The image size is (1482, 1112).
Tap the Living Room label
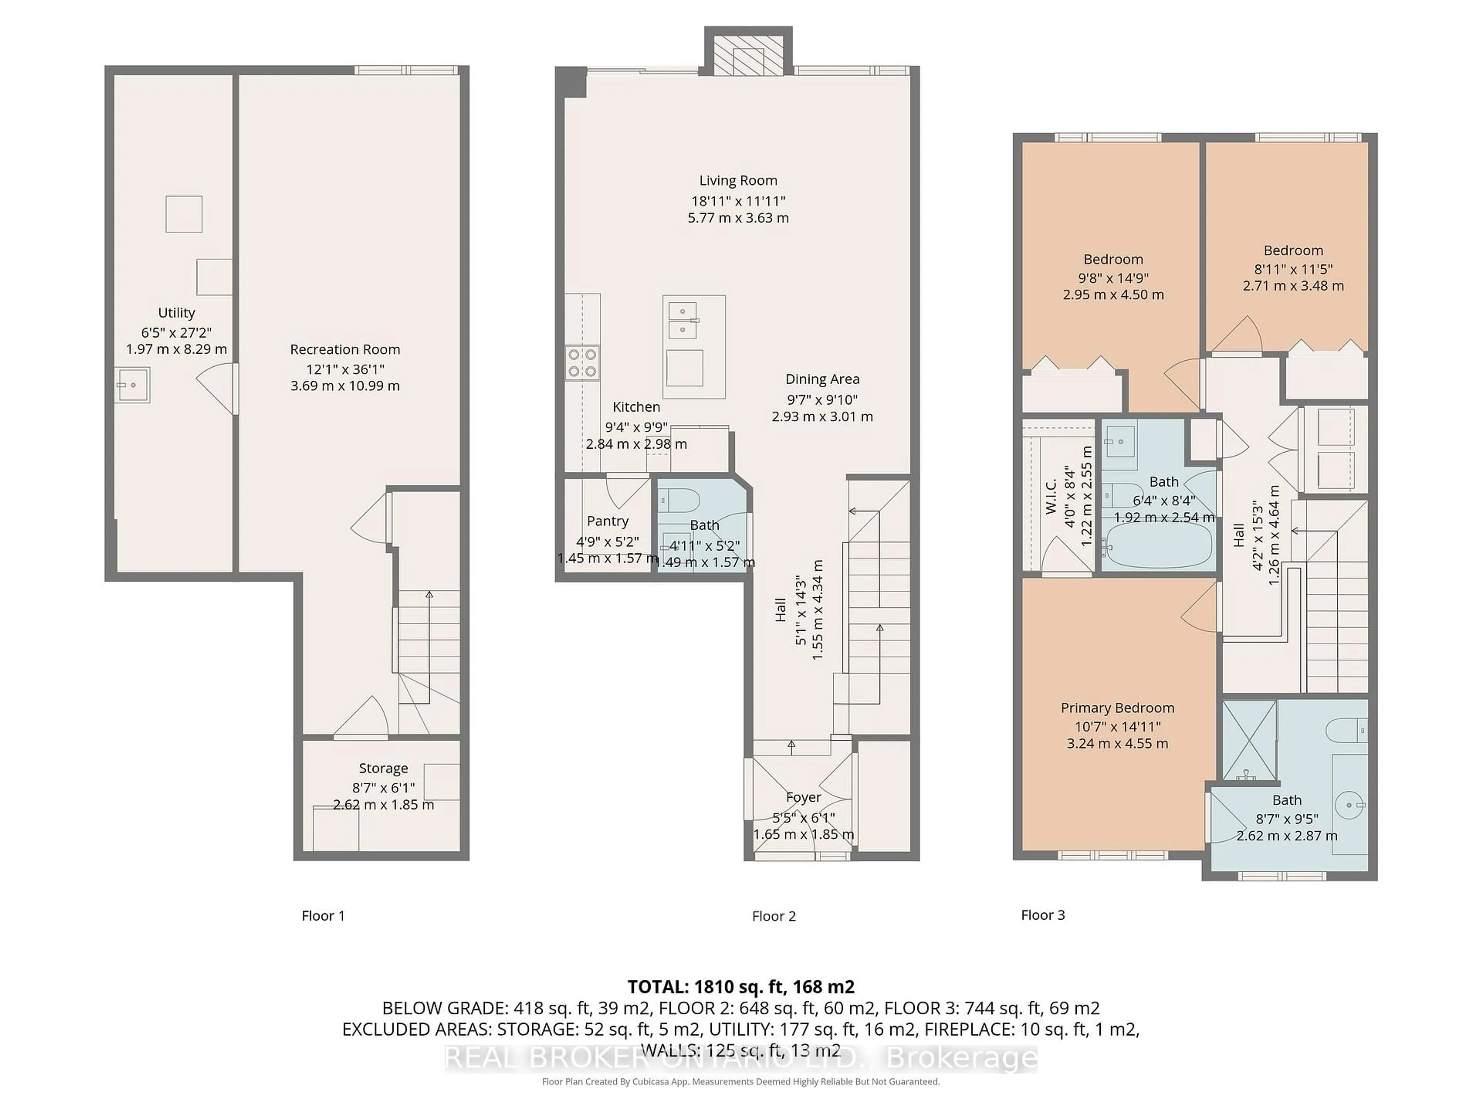[x=738, y=180]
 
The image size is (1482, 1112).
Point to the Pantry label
[x=607, y=521]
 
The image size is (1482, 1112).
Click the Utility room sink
[x=132, y=385]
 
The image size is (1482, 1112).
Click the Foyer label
[x=803, y=797]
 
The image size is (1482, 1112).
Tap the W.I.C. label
[x=1051, y=497]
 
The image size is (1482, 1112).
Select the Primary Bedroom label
[x=1117, y=708]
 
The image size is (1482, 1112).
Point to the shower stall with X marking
[x=1250, y=741]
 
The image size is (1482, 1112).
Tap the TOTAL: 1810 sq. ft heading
[x=740, y=987]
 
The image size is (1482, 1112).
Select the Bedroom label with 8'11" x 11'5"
[x=1293, y=251]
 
